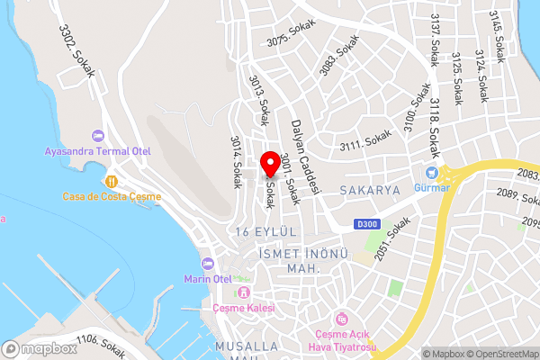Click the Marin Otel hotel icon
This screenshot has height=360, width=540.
click(x=208, y=264)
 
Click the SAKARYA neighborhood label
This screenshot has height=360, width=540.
click(x=369, y=191)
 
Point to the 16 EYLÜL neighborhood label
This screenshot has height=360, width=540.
click(x=264, y=232)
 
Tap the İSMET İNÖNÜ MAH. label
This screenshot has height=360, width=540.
click(x=290, y=261)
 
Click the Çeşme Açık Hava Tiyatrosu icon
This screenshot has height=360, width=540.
click(x=341, y=319)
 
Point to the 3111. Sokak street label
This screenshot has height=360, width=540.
click(x=365, y=141)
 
